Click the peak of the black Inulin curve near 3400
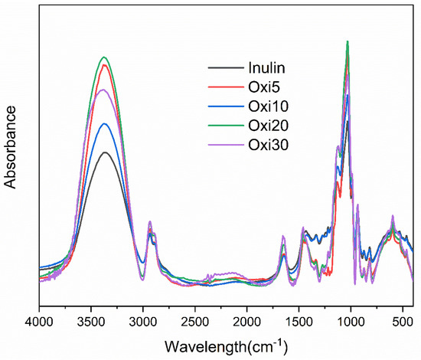105,152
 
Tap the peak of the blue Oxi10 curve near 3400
105,123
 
